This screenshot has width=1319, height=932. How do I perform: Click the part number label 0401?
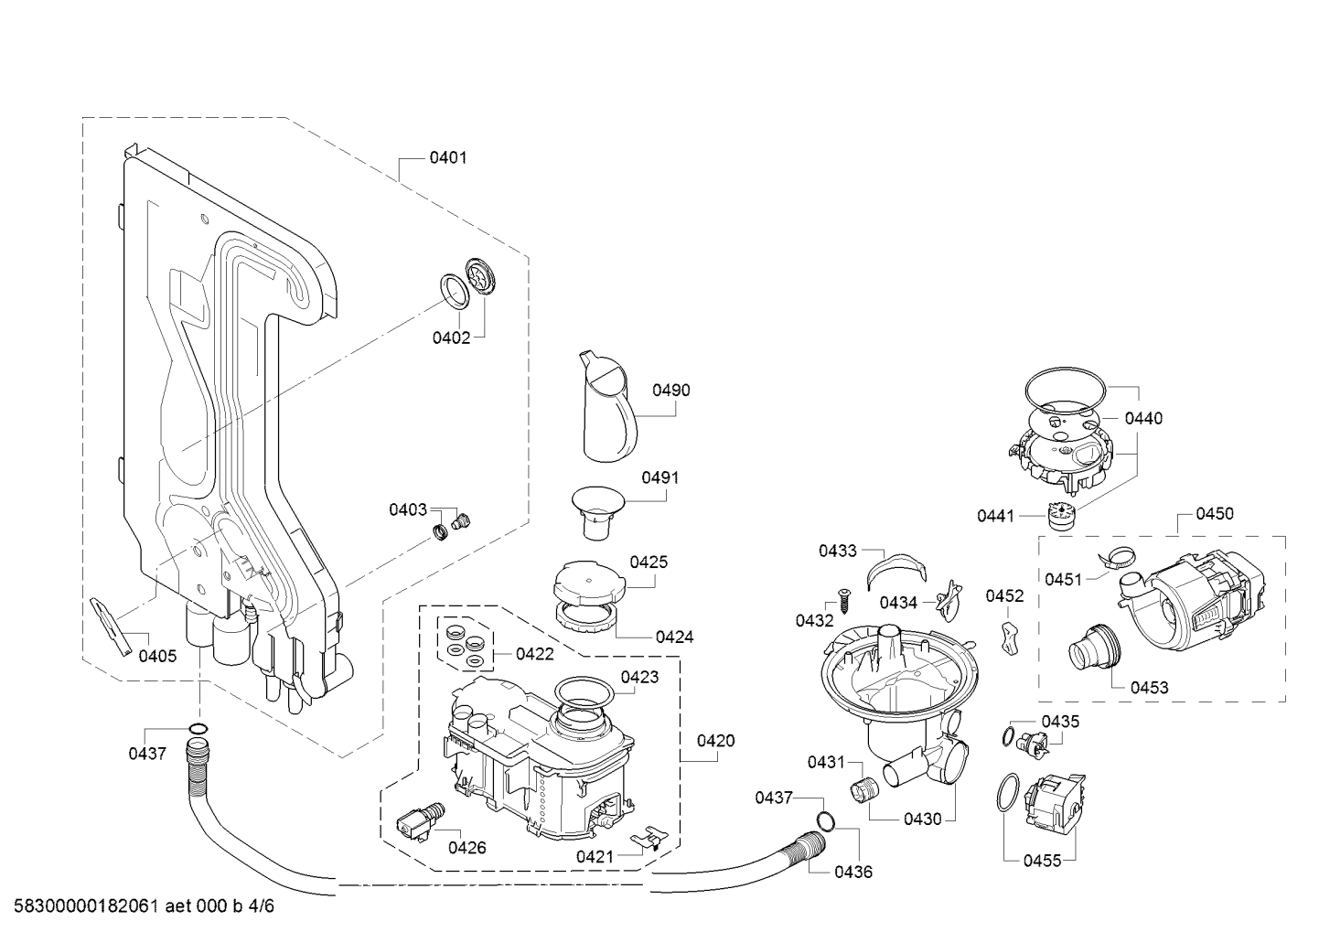[x=448, y=158]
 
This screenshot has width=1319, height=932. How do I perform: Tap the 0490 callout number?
[x=671, y=391]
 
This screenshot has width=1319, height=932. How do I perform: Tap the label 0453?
[x=1150, y=688]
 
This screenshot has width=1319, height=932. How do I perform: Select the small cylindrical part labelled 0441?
[x=1060, y=515]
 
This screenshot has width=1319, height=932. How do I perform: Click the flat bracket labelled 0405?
[x=112, y=626]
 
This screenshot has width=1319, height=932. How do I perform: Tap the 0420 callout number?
[x=716, y=741]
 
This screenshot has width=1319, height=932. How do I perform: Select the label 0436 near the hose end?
[x=853, y=872]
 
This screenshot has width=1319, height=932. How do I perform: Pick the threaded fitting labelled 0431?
[x=864, y=788]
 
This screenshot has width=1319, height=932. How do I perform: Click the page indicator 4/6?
[x=262, y=905]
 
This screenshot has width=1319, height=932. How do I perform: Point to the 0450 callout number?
[x=1215, y=514]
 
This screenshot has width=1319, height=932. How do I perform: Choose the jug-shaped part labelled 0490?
[x=608, y=407]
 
